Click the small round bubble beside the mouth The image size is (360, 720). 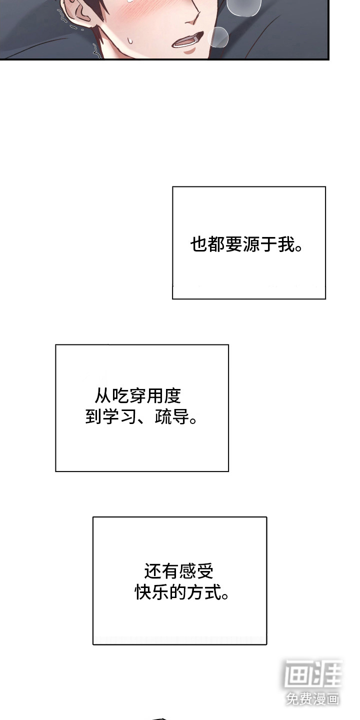(x=218, y=36)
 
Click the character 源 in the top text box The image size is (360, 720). (x=252, y=245)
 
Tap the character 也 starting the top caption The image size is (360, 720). (x=199, y=245)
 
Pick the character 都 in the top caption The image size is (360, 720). (x=217, y=245)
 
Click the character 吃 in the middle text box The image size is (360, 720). (x=120, y=396)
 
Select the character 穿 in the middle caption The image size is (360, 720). (x=137, y=396)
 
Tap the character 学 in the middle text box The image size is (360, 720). (x=111, y=416)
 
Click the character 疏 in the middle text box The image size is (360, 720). (x=163, y=416)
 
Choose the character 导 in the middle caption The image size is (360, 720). (x=181, y=416)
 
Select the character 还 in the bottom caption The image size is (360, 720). (x=153, y=570)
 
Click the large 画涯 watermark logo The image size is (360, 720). (x=313, y=673)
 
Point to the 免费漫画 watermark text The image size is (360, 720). (x=312, y=698)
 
